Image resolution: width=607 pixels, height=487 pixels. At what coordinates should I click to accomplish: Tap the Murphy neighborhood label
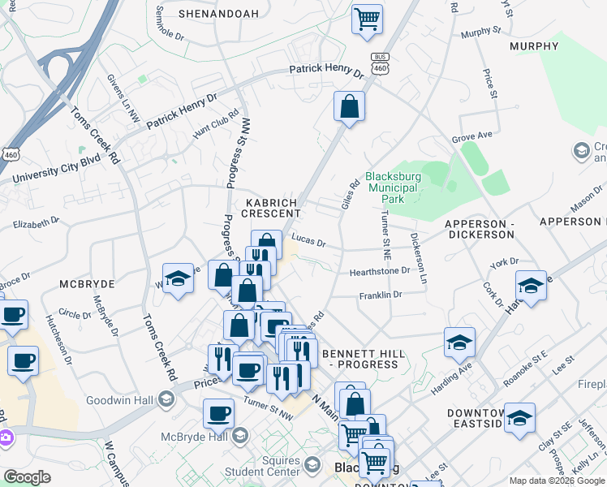tap(534, 46)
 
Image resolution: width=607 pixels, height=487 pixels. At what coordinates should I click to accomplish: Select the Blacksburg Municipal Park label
tap(391, 187)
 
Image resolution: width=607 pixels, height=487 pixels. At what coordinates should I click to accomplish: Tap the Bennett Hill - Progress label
tap(360, 359)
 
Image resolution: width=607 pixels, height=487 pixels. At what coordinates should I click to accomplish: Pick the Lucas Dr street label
tap(308, 242)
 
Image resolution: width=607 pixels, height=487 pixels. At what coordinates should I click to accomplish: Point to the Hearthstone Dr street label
tap(380, 271)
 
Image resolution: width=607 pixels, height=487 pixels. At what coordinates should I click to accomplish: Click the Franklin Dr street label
tap(381, 295)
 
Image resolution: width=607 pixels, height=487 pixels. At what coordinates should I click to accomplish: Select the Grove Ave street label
tap(472, 136)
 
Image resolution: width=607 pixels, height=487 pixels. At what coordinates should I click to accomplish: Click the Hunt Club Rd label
tap(216, 120)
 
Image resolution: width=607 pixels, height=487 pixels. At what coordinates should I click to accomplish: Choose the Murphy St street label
tap(480, 32)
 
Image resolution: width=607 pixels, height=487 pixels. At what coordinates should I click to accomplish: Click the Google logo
tap(27, 477)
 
